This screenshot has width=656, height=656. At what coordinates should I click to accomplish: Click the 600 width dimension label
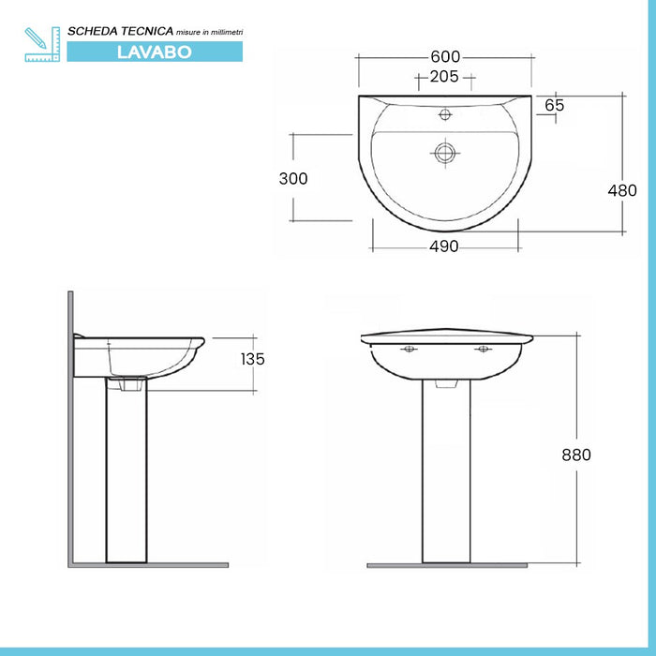click(444, 55)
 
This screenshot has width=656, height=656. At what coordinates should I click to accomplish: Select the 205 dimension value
click(444, 77)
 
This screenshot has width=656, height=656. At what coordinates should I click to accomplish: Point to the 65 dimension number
click(554, 105)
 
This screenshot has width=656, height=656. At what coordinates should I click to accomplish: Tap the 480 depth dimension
click(622, 190)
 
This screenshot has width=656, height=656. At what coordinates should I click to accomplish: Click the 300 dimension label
click(293, 178)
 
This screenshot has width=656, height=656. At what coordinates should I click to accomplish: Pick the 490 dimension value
click(444, 246)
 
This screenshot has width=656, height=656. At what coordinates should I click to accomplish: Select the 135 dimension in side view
click(252, 359)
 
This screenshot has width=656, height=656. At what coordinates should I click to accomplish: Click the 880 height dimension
click(576, 455)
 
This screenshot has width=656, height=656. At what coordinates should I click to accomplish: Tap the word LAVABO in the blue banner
click(155, 52)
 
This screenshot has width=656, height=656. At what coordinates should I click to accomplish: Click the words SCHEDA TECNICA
click(118, 32)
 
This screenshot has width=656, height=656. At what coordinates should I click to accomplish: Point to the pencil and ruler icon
click(41, 44)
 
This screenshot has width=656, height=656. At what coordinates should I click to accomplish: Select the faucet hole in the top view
click(446, 116)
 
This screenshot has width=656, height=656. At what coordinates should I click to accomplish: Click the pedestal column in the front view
click(445, 478)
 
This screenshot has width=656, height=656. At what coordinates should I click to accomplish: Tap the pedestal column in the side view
click(125, 478)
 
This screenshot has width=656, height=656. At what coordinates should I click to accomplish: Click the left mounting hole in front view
click(409, 350)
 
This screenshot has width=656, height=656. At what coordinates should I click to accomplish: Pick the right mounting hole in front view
click(483, 350)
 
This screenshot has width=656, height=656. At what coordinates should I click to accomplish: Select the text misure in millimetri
click(210, 33)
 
